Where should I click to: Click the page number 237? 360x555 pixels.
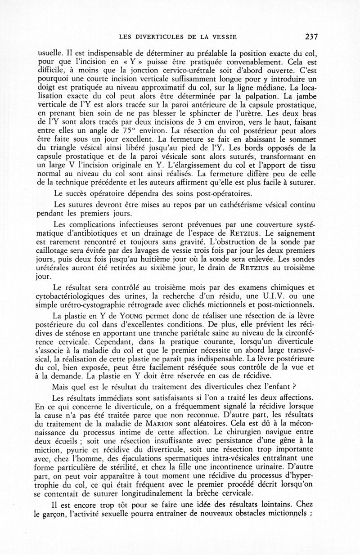[x=311, y=36]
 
